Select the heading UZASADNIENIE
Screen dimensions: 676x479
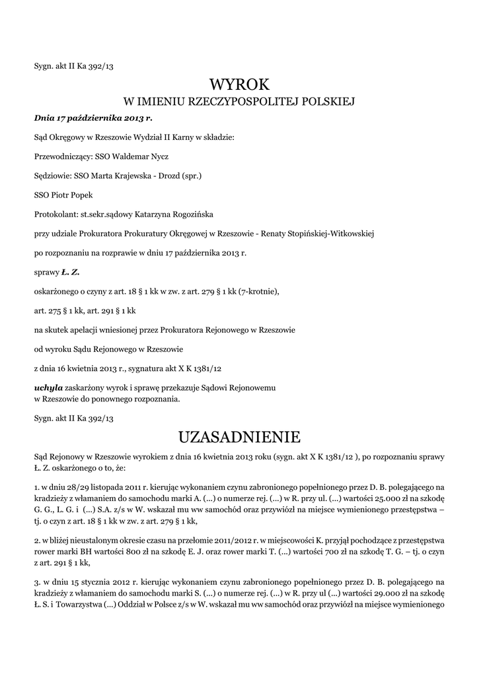click(x=239, y=437)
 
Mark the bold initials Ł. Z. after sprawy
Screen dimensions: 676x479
click(x=70, y=272)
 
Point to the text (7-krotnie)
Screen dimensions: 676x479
click(x=258, y=291)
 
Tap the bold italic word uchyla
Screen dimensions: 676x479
click(x=48, y=387)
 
